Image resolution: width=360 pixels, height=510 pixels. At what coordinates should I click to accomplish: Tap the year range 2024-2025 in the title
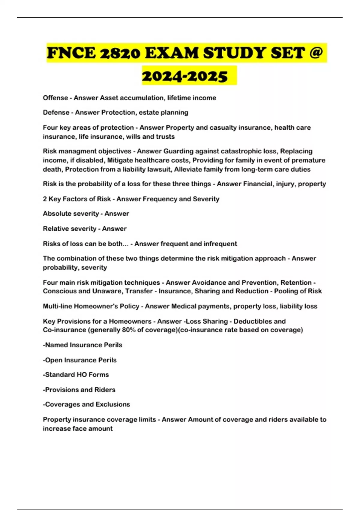185,76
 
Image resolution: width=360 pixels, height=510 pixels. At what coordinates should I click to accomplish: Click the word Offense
55,98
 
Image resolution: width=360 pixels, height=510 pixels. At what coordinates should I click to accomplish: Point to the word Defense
56,112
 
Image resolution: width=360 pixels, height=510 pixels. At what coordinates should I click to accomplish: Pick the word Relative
55,229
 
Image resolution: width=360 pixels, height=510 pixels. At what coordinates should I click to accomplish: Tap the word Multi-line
57,306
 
